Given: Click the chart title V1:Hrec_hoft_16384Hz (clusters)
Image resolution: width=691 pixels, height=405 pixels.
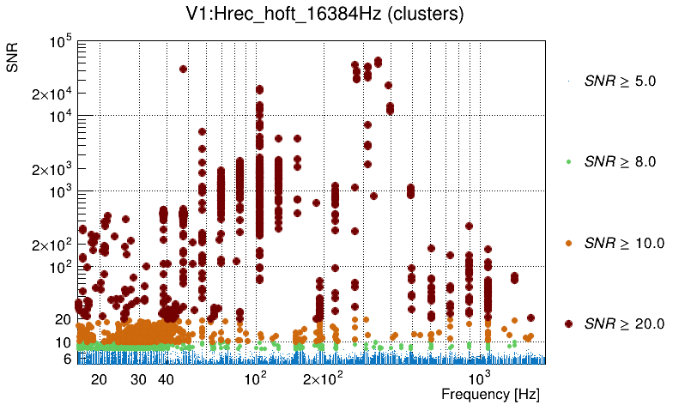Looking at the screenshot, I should [336, 15].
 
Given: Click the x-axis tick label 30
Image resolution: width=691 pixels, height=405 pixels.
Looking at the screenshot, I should [139, 379].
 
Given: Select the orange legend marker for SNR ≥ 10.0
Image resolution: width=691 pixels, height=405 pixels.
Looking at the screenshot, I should [568, 243].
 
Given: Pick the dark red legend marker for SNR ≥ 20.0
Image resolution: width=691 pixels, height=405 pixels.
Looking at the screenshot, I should [568, 323].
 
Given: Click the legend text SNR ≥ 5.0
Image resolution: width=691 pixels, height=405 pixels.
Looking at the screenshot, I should [620, 82].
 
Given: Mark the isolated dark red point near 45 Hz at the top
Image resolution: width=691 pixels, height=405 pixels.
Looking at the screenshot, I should [183, 70].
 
